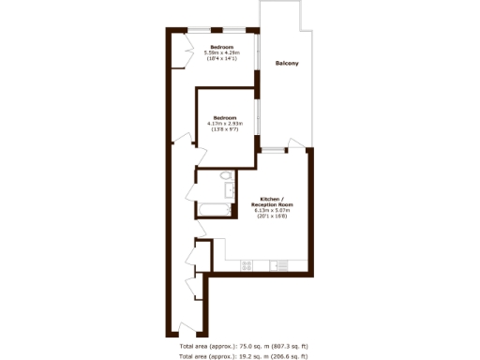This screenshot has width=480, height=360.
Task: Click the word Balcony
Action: (x=288, y=64)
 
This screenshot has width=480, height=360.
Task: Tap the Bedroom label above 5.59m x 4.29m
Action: (x=221, y=47)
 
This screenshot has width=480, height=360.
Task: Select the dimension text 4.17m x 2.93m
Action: (x=225, y=123)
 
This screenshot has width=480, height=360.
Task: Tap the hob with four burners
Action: (x=247, y=265)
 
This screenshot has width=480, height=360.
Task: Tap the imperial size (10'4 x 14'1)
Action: (x=221, y=58)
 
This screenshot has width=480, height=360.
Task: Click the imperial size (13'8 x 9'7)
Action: (x=225, y=128)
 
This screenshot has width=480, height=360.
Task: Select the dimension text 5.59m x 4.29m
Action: (x=221, y=52)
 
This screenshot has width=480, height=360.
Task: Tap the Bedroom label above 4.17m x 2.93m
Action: (x=225, y=117)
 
